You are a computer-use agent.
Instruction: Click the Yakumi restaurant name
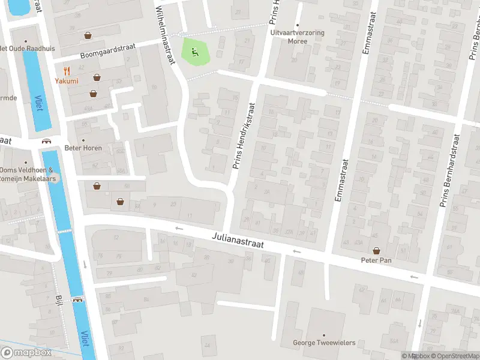[67, 80]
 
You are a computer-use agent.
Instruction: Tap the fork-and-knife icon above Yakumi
[67, 70]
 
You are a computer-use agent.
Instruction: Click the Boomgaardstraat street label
[95, 51]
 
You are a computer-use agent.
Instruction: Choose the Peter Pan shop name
[376, 260]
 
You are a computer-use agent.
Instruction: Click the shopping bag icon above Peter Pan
[376, 251]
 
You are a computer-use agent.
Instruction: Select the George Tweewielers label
[323, 343]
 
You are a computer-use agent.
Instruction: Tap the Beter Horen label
[83, 148]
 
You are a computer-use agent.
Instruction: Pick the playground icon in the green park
[194, 52]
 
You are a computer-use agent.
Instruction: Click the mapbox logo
[26, 353]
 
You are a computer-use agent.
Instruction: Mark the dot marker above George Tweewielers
[323, 335]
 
